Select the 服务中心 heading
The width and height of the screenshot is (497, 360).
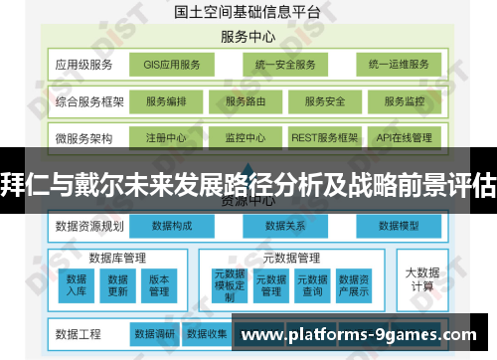tap(249, 38)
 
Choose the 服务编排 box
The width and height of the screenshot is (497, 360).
tap(172, 101)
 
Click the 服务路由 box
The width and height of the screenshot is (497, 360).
tap(248, 101)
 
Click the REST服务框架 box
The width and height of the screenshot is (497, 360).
tap(324, 138)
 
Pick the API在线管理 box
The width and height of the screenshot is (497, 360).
tap(404, 138)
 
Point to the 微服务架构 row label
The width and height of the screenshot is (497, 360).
tap(84, 138)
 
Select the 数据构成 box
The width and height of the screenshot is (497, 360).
tap(173, 226)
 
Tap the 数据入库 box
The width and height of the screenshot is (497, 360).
tap(77, 285)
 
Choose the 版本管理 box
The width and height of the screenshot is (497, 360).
tap(159, 285)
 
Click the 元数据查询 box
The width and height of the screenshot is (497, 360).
tap(312, 285)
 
